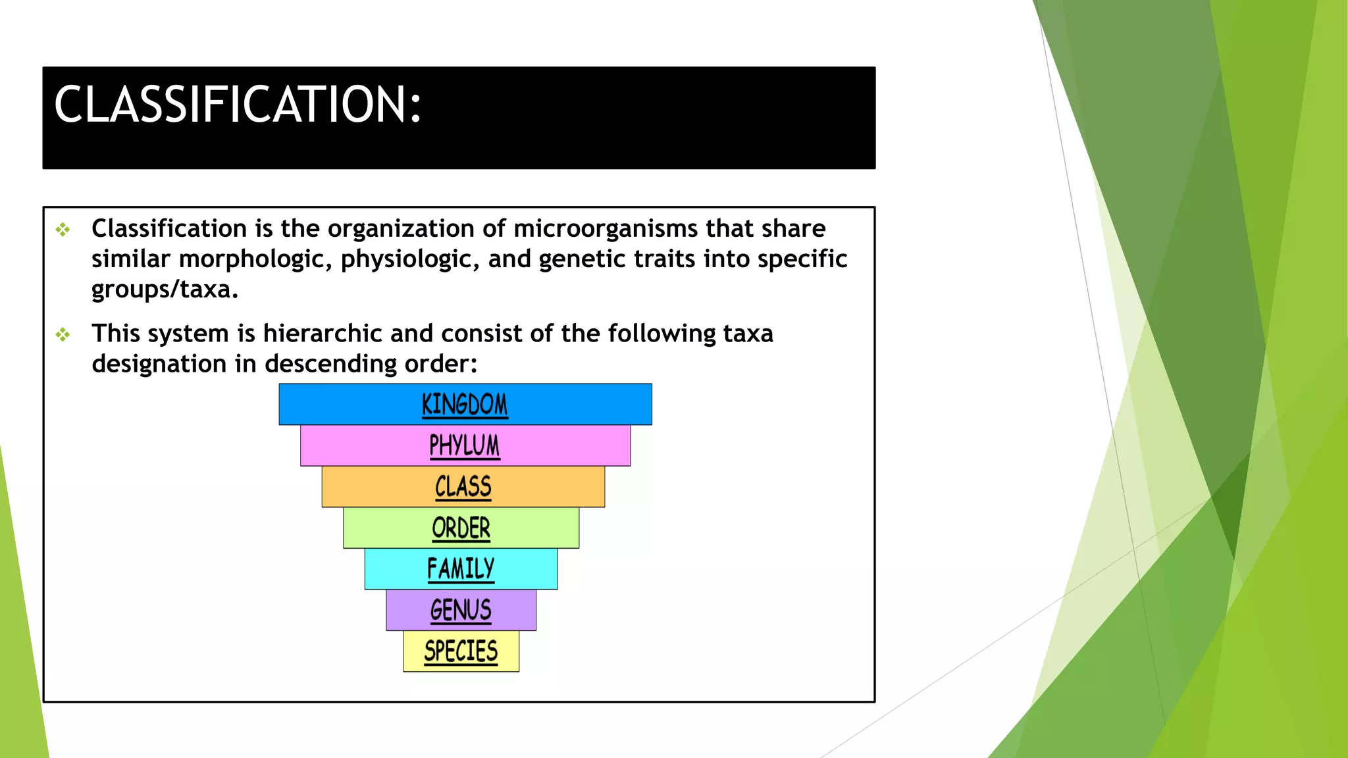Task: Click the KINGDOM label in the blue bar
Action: click(465, 405)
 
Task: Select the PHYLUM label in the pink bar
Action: click(465, 445)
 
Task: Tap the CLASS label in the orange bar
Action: click(463, 487)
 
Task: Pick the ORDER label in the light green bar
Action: click(461, 528)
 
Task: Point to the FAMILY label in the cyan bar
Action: click(461, 569)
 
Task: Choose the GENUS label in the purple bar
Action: click(461, 610)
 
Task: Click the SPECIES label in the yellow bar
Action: click(461, 651)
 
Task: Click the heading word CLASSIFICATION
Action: click(237, 105)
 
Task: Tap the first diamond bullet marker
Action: click(63, 230)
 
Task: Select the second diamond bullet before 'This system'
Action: click(63, 335)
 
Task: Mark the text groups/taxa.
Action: click(165, 290)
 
